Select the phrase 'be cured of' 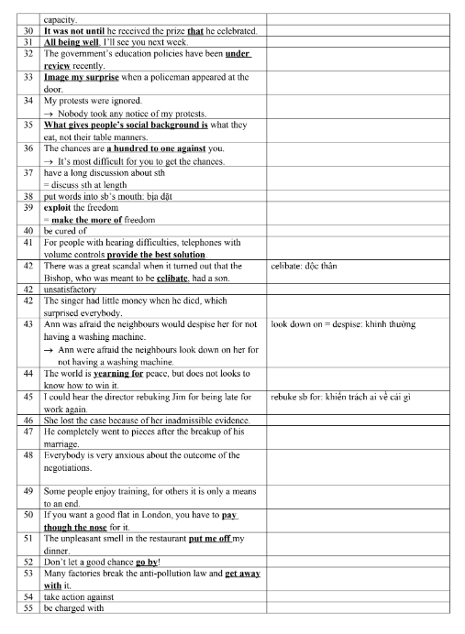click(68, 231)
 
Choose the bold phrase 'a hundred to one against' click(160, 148)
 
